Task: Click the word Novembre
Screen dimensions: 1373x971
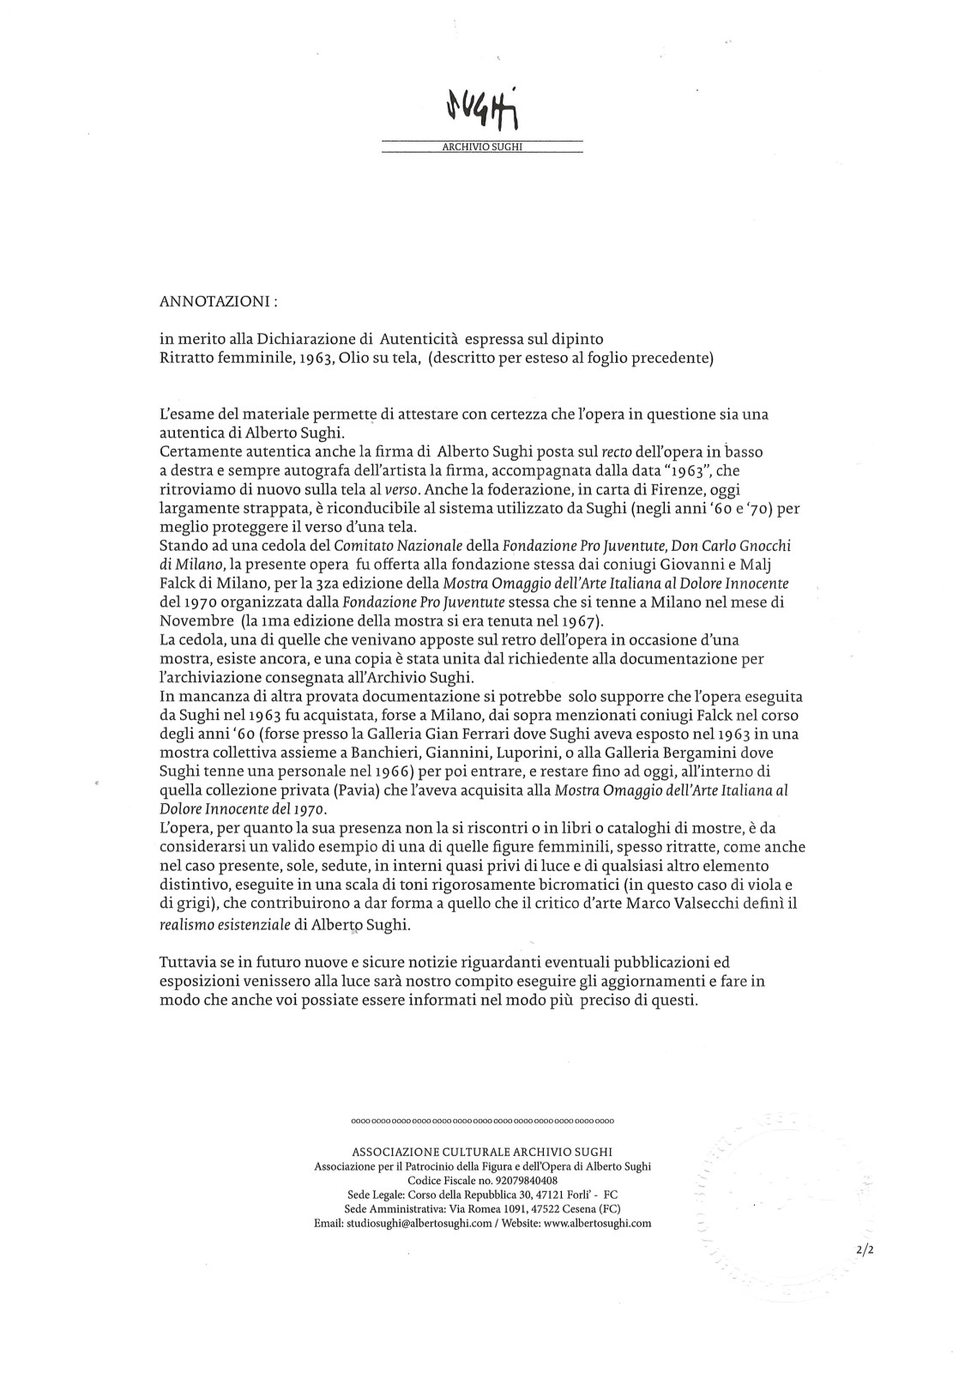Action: pos(193,618)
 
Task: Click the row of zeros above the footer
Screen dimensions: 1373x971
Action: pos(484,1121)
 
